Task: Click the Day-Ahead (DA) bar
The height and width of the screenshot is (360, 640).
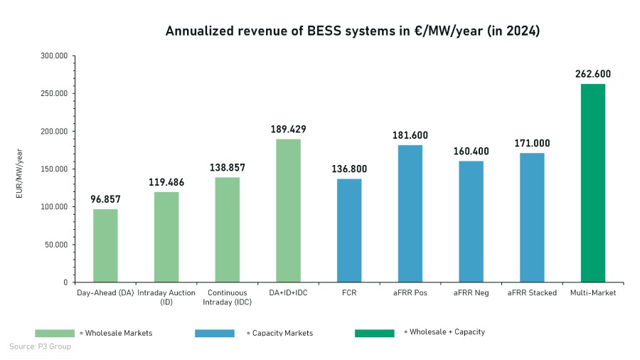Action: [105, 245]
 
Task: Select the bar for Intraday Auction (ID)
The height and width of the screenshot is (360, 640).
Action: [166, 237]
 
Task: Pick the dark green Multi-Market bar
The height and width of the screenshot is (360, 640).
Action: [593, 183]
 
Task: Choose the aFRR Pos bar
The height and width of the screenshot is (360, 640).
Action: [410, 213]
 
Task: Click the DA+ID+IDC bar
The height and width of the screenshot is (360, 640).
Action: [288, 211]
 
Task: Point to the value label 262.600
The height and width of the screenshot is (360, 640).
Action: [593, 74]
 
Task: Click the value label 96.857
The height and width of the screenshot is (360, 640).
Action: [105, 199]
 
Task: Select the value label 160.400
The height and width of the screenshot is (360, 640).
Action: [471, 151]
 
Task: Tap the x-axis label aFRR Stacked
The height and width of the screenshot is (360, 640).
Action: [532, 292]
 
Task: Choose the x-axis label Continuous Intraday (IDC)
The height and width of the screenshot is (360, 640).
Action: [227, 297]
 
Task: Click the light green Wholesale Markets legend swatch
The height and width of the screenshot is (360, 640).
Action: [55, 333]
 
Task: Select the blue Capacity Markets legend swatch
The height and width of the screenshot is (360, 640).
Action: [214, 333]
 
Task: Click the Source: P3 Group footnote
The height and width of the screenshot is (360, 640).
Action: [40, 347]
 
